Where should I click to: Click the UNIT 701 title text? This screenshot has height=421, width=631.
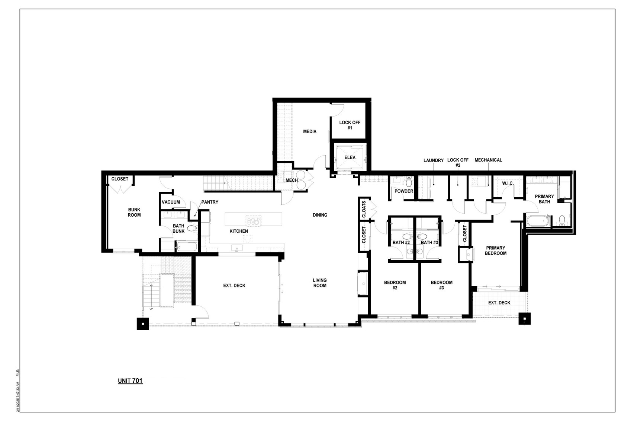(x=130, y=381)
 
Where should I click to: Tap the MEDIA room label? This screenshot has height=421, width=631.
(x=310, y=131)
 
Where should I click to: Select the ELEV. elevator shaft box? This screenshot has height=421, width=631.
(x=350, y=157)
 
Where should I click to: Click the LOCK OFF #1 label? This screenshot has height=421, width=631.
(x=350, y=125)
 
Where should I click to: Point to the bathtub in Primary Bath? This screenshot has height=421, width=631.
(x=538, y=221)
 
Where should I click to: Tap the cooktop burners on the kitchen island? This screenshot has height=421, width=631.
(x=254, y=220)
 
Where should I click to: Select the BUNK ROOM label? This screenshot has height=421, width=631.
(x=134, y=212)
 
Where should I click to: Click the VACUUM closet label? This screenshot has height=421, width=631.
(x=171, y=202)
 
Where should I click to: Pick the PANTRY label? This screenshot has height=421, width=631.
(x=210, y=202)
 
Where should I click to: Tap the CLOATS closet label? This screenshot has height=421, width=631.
(x=364, y=209)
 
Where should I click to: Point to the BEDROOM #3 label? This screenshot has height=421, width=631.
(x=441, y=285)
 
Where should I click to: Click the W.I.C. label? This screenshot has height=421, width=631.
(x=508, y=184)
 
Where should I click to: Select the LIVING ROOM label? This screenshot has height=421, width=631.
(x=320, y=283)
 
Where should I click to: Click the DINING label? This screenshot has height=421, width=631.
(x=320, y=215)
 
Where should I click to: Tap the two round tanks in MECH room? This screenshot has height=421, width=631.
(x=301, y=180)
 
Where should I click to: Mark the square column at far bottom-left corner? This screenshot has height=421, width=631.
(x=143, y=323)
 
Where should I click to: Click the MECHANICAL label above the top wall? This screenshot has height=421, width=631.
(x=488, y=160)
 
